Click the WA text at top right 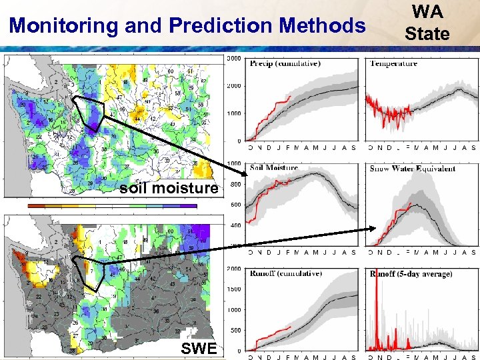427,12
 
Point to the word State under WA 427,33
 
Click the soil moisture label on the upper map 169,189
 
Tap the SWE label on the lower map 199,348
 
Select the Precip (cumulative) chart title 285,64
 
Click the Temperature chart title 394,63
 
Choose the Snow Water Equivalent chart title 413,168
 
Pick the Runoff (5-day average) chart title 411,273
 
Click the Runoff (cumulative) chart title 285,273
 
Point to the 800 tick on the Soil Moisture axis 235,184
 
